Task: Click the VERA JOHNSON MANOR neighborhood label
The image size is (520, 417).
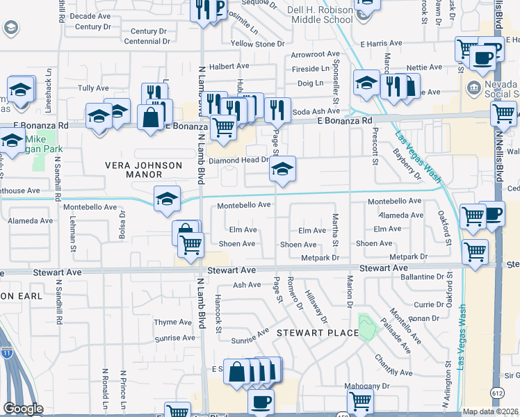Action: [x=133, y=170]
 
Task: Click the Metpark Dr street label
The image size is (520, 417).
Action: [x=320, y=257]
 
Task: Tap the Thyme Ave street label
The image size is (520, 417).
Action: [x=173, y=322]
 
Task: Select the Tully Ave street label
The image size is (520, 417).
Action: [x=93, y=88]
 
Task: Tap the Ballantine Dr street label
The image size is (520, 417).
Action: [x=423, y=277]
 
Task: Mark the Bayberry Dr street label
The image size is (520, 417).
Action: [x=407, y=163]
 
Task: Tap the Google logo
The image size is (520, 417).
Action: [x=22, y=409]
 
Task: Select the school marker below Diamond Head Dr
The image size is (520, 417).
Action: [x=282, y=170]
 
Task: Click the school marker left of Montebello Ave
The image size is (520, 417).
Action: [x=167, y=199]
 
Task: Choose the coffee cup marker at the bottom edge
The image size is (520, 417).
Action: [x=261, y=402]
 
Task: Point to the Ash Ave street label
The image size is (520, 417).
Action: [x=247, y=285]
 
